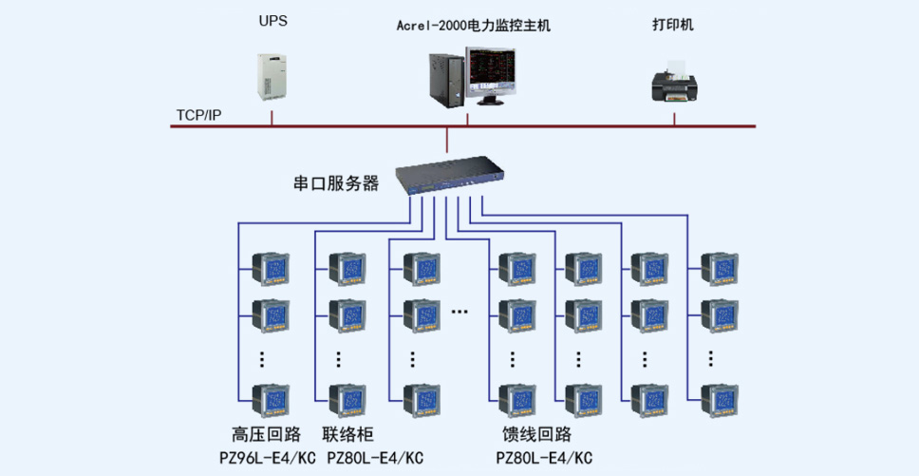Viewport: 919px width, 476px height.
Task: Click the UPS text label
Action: point(273,22)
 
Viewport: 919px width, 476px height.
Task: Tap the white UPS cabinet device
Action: point(272,76)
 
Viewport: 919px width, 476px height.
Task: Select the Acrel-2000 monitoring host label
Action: point(474,26)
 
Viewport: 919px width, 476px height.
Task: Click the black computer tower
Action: point(446,81)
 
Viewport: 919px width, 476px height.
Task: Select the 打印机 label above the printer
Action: point(673,26)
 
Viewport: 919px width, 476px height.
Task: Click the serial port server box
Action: point(450,174)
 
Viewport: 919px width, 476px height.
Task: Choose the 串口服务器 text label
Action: point(336,183)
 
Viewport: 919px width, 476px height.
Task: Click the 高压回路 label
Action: point(267,434)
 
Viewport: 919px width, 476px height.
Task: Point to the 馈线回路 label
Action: point(536,434)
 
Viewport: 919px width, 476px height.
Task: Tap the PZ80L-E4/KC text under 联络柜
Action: point(375,457)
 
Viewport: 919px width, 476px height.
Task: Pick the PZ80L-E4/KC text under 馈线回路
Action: point(545,457)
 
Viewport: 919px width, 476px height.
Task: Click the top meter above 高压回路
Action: point(271,270)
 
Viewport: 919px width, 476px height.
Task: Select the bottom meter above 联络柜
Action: point(347,402)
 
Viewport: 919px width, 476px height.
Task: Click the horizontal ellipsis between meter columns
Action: point(460,312)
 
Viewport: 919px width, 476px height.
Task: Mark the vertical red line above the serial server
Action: point(446,140)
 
